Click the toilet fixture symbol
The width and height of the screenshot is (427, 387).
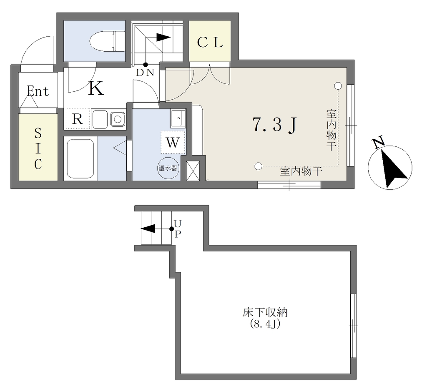pyautogui.click(x=107, y=41)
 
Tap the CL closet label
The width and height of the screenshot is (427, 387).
pyautogui.click(x=210, y=42)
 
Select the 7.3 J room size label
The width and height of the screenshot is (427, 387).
pyautogui.click(x=275, y=125)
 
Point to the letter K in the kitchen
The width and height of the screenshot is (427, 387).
pyautogui.click(x=96, y=88)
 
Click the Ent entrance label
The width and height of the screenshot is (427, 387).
pyautogui.click(x=38, y=91)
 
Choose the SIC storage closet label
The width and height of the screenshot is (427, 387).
pyautogui.click(x=38, y=149)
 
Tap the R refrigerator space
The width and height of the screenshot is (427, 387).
pyautogui.click(x=78, y=119)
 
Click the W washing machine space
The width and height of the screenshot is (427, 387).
pyautogui.click(x=173, y=142)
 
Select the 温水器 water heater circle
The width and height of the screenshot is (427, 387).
pyautogui.click(x=168, y=168)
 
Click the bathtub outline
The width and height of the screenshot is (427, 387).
pyautogui.click(x=80, y=158)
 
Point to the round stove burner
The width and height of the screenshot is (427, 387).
pyautogui.click(x=118, y=119)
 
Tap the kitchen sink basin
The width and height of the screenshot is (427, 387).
pyautogui.click(x=100, y=119)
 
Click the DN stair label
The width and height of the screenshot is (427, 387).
pyautogui.click(x=146, y=73)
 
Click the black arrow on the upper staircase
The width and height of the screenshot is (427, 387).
pyautogui.click(x=163, y=37)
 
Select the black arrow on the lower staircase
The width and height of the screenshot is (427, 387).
pyautogui.click(x=148, y=229)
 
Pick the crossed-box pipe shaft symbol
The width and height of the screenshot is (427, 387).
pyautogui.click(x=193, y=171)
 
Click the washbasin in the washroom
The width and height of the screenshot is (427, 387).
pyautogui.click(x=178, y=118)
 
